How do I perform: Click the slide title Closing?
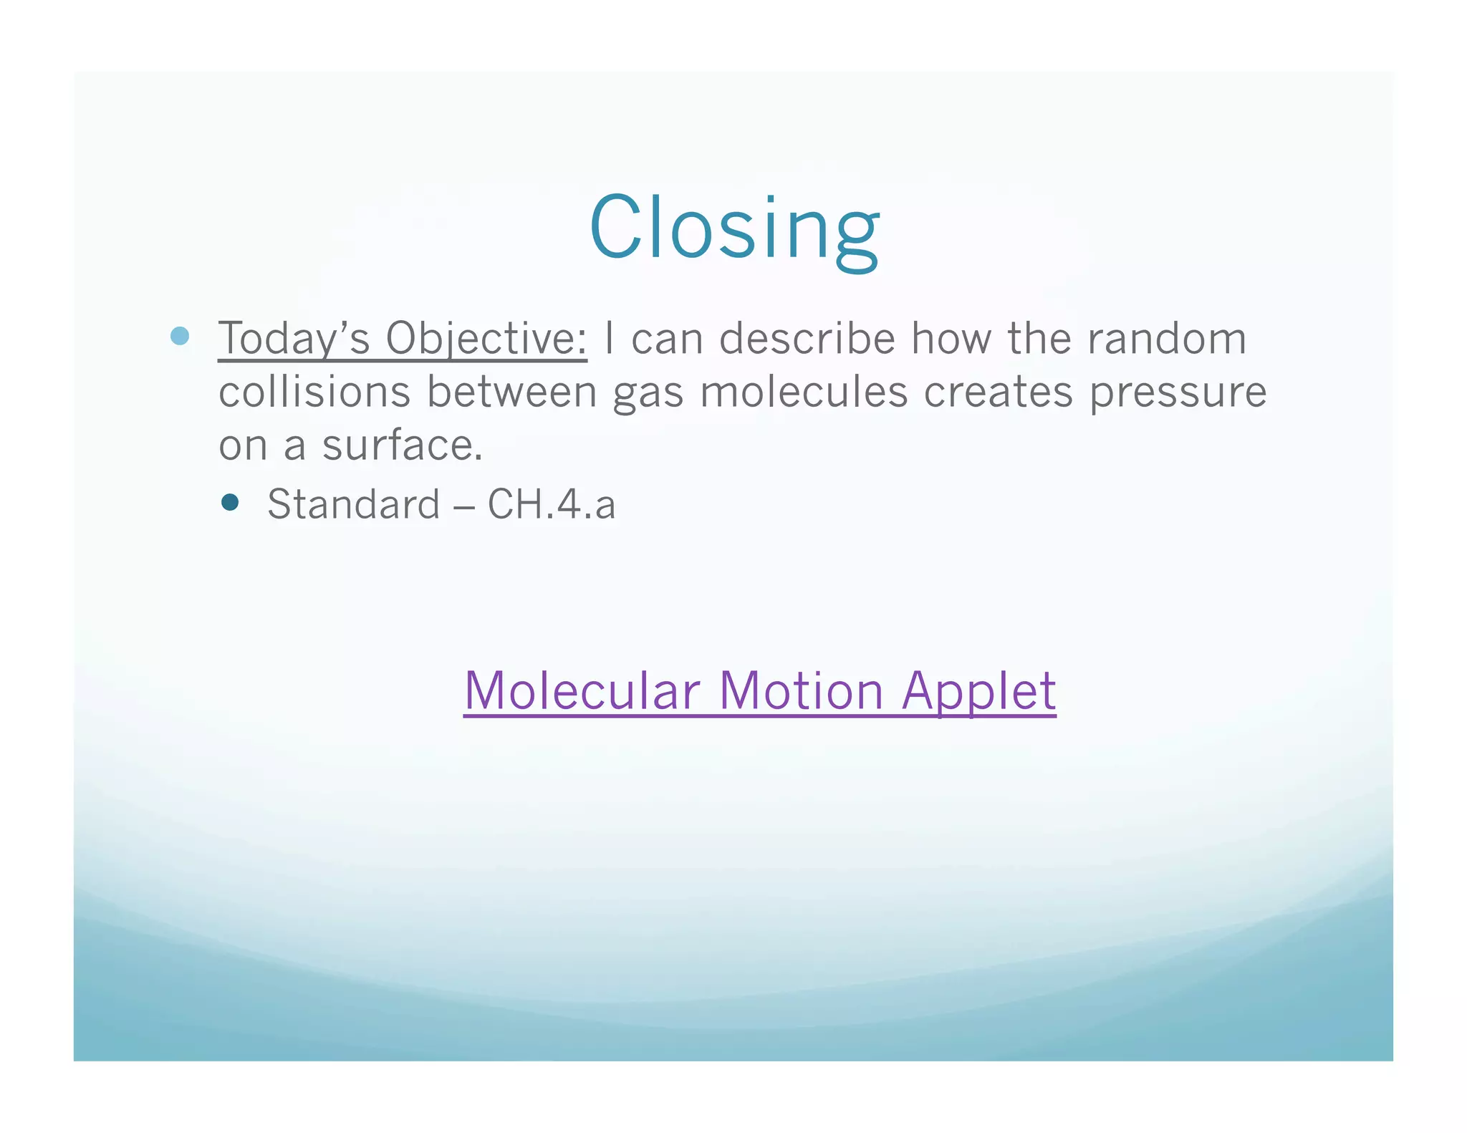click(x=734, y=228)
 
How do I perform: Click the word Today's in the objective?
click(x=294, y=338)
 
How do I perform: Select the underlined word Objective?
click(x=486, y=338)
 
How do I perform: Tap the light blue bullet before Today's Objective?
click(x=180, y=336)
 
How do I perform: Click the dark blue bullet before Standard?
click(x=230, y=502)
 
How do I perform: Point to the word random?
click(x=1167, y=338)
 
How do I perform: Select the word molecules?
click(x=804, y=392)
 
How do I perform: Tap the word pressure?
click(x=1178, y=393)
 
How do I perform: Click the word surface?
click(x=402, y=445)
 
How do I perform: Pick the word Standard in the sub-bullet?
click(x=354, y=504)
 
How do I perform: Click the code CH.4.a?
click(x=552, y=504)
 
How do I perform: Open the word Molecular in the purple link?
click(x=582, y=690)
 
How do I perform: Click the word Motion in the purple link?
click(x=801, y=690)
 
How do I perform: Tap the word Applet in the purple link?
click(x=978, y=692)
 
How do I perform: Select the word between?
click(x=511, y=392)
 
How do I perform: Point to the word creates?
click(x=998, y=392)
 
